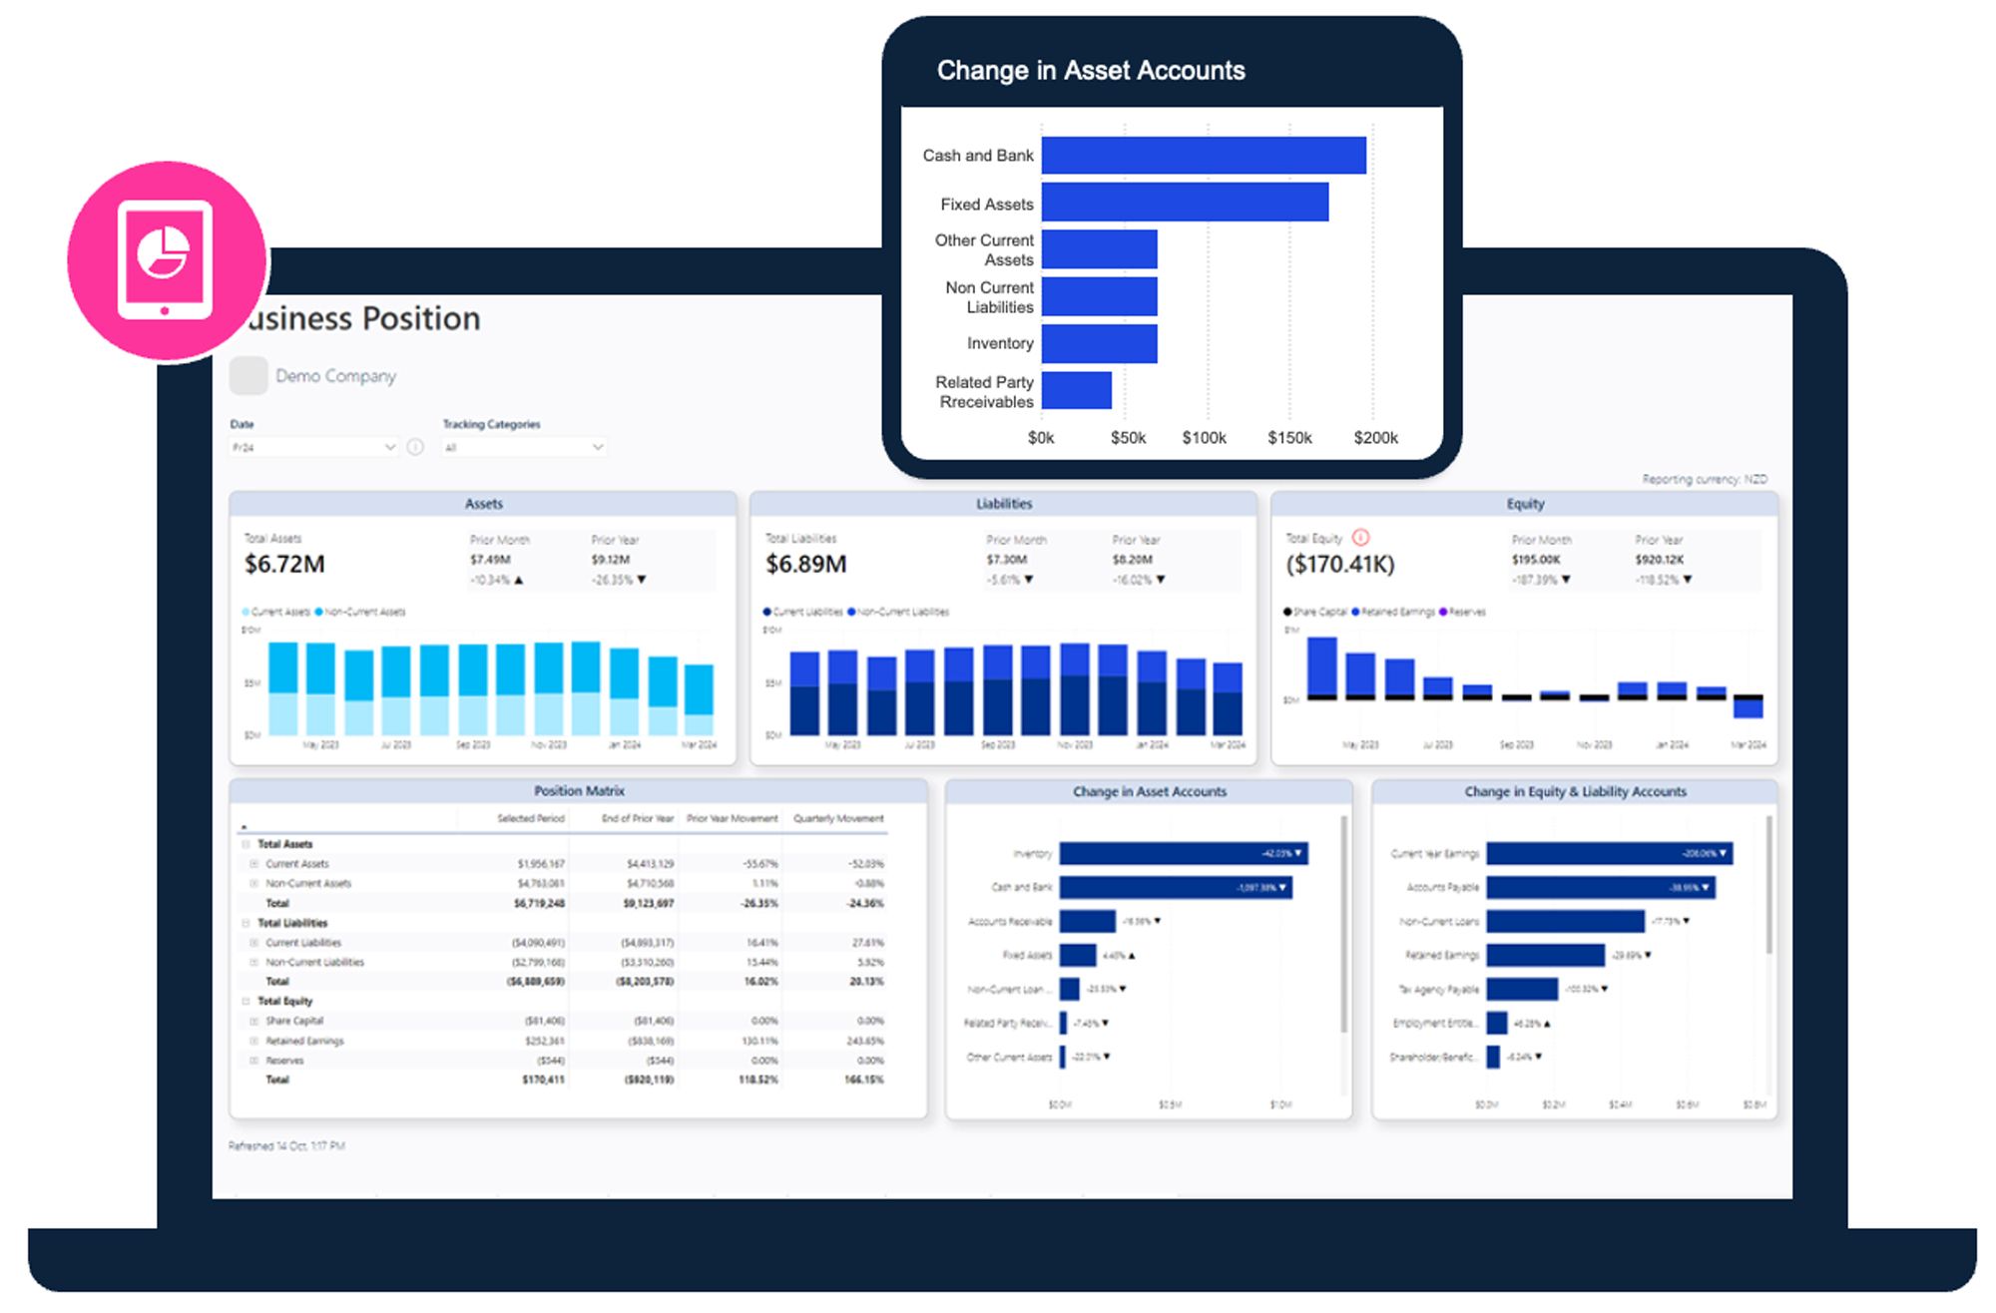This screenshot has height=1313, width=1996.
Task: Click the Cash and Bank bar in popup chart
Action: (1203, 156)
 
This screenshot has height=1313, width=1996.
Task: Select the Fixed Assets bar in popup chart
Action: (1185, 203)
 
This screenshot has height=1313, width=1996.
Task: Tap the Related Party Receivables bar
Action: (1076, 390)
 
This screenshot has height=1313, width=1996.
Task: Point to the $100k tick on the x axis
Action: (1204, 438)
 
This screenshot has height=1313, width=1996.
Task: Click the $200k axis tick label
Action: (1375, 438)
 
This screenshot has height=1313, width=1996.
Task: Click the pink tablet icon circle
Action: (167, 259)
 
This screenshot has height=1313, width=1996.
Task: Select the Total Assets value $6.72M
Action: (284, 565)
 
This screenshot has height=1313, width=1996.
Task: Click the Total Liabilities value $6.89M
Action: (805, 565)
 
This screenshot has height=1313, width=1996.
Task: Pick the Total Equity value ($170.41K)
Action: (1339, 565)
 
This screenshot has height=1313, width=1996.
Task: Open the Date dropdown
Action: (313, 448)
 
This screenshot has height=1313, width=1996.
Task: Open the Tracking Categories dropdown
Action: (524, 448)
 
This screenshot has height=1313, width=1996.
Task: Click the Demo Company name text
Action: (335, 376)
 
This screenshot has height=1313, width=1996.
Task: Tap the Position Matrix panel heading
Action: (579, 791)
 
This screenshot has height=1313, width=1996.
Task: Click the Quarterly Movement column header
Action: (838, 818)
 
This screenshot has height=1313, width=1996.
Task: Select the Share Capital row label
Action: (294, 1021)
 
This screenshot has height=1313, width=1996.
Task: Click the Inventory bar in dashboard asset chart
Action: (1183, 853)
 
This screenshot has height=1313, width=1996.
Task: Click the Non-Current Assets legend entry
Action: (364, 612)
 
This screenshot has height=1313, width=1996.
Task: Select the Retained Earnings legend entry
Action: (1397, 612)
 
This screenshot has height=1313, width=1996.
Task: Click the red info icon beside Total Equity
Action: (1360, 538)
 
